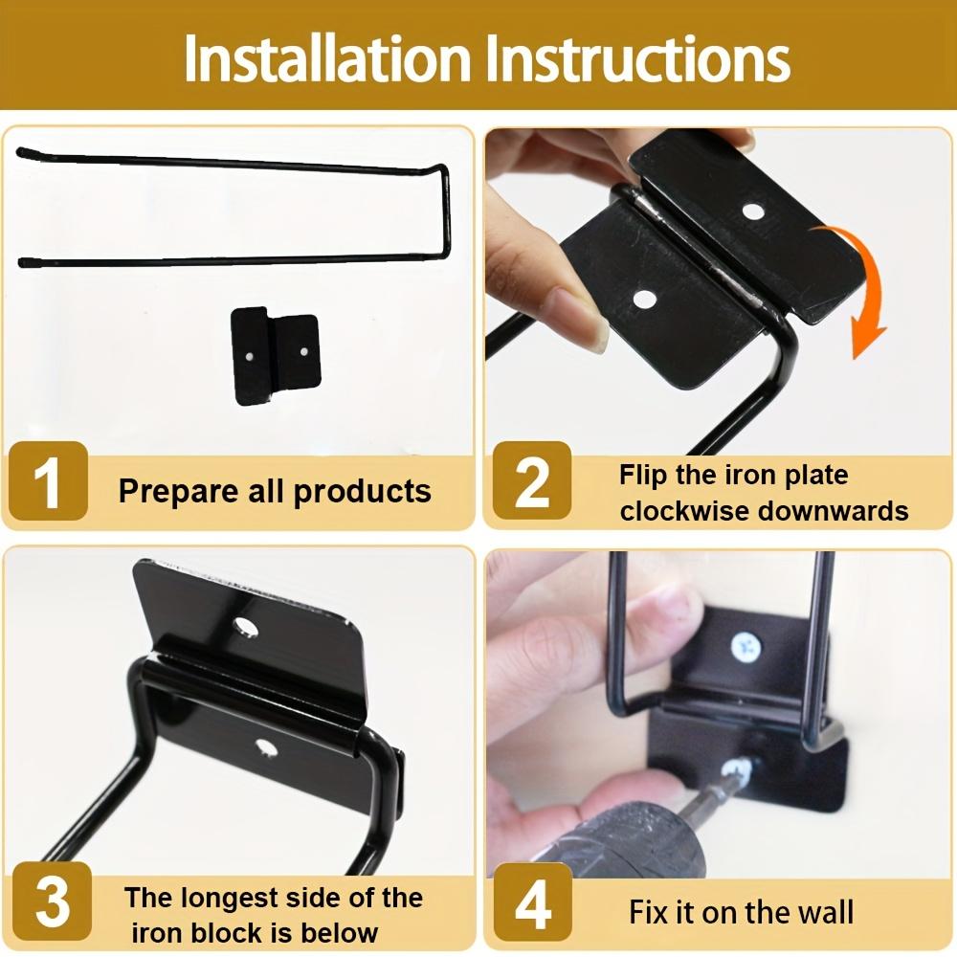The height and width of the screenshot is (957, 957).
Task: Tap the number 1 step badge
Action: (x=48, y=481)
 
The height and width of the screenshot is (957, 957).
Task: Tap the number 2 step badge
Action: (x=531, y=481)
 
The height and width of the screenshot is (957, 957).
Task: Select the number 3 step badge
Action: (x=52, y=901)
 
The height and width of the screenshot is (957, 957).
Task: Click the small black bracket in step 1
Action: (x=276, y=355)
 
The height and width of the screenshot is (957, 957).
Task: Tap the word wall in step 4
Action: (x=829, y=912)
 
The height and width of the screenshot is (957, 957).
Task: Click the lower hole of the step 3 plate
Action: (x=265, y=747)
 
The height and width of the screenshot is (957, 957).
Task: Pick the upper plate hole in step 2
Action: (x=753, y=212)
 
